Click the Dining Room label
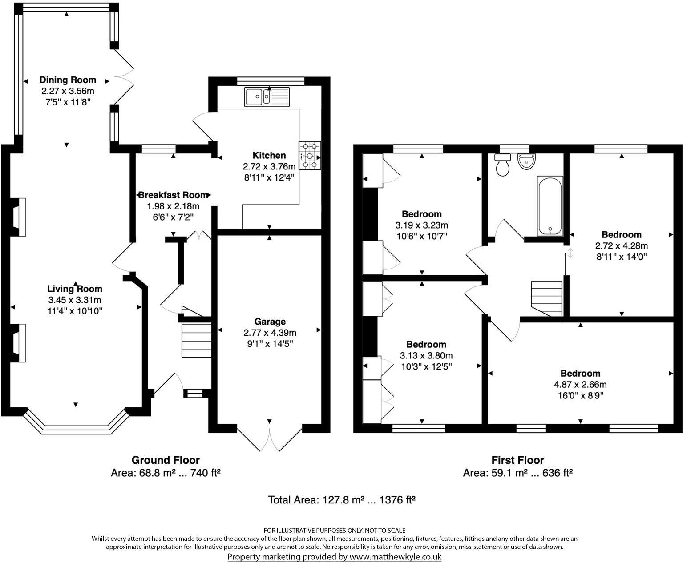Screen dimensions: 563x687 68,80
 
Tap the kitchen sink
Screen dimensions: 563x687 267,97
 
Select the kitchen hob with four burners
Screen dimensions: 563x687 310,155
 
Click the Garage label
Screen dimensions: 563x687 270,322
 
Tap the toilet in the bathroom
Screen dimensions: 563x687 504,165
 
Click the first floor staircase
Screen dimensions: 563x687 546,299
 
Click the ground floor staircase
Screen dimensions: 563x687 196,340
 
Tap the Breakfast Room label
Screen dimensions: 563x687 173,195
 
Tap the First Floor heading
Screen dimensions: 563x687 517,460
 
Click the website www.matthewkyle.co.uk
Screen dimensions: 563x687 395,557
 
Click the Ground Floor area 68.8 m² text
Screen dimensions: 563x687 166,473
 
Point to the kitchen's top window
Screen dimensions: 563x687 270,80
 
